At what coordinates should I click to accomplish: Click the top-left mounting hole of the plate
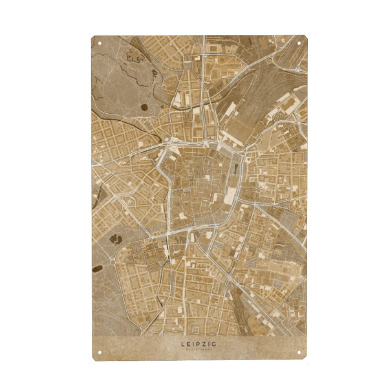100,43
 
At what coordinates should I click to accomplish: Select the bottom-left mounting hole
100,352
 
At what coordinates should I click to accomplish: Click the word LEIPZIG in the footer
199,345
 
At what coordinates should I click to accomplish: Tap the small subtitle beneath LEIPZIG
199,350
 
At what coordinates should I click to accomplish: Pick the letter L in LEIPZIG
183,345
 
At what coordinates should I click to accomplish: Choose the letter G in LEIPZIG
215,345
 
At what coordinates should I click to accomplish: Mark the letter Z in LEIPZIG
205,345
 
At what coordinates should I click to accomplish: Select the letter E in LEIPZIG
189,345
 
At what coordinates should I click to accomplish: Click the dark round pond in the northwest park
144,107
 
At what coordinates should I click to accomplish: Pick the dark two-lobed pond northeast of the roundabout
117,239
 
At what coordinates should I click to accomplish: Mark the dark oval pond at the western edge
96,268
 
